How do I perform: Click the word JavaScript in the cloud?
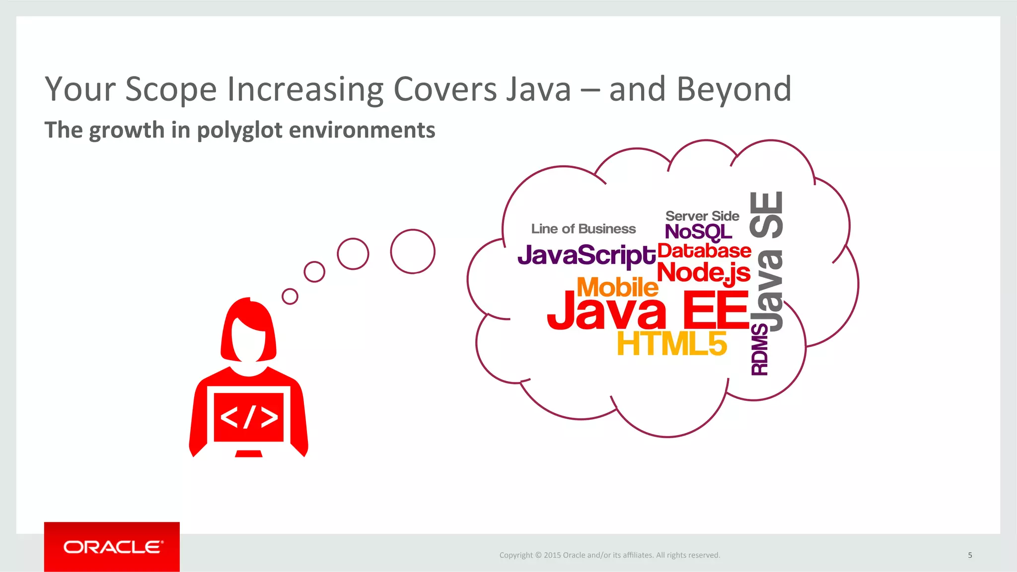(586, 255)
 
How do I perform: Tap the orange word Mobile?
(617, 287)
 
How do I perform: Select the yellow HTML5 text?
(671, 343)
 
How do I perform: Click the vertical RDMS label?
(760, 349)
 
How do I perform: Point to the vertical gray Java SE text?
(767, 260)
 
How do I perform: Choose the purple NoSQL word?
(698, 232)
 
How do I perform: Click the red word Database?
(704, 251)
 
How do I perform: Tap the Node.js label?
(703, 272)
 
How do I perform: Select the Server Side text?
(702, 216)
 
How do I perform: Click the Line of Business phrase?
(583, 229)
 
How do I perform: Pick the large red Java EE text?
(648, 311)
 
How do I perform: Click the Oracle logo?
(112, 547)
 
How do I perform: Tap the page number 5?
(969, 555)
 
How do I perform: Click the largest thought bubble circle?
(413, 252)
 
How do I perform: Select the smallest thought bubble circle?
(290, 297)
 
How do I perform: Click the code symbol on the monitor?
(248, 417)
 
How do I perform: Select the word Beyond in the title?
(733, 89)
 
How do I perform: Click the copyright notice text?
(609, 555)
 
